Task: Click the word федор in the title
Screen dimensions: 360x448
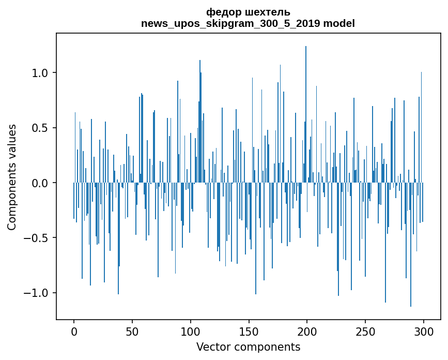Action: (x=220, y=12)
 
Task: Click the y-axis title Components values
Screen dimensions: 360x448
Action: (x=12, y=177)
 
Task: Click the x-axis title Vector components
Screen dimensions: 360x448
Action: (x=248, y=347)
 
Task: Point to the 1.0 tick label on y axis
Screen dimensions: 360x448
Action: (x=40, y=73)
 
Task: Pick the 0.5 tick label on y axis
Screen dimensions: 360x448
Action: (x=40, y=128)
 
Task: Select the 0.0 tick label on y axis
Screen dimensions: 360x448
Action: (x=40, y=183)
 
